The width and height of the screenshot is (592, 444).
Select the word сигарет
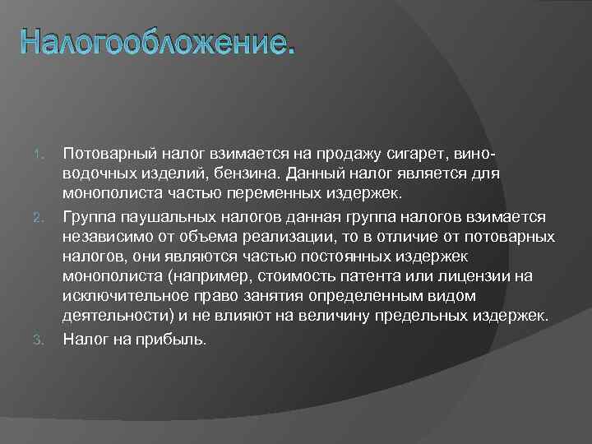428,154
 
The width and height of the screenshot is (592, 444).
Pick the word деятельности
114,317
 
